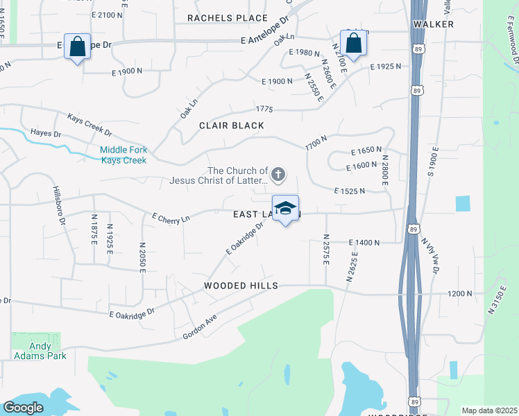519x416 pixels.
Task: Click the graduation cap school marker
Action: pyautogui.click(x=285, y=209)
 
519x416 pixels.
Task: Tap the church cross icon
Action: pyautogui.click(x=278, y=174)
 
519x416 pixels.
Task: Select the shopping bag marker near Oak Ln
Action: pyautogui.click(x=354, y=44)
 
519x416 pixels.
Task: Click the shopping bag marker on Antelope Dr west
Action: pyautogui.click(x=78, y=47)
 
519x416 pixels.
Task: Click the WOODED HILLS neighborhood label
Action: pyautogui.click(x=241, y=286)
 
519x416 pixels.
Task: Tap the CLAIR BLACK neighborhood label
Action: pyautogui.click(x=232, y=125)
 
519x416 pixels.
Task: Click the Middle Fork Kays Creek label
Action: pyautogui.click(x=123, y=155)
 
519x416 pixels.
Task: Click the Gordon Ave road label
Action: pyautogui.click(x=200, y=327)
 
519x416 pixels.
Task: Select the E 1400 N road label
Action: pyautogui.click(x=365, y=242)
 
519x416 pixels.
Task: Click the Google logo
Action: pyautogui.click(x=23, y=408)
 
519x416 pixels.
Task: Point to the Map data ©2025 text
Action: pyautogui.click(x=489, y=410)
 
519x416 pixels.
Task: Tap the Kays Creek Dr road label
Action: pyautogui.click(x=90, y=125)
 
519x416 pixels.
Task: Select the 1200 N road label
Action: pyautogui.click(x=459, y=293)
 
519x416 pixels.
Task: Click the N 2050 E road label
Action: pyautogui.click(x=142, y=257)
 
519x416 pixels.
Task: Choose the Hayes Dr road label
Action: pyautogui.click(x=46, y=132)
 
